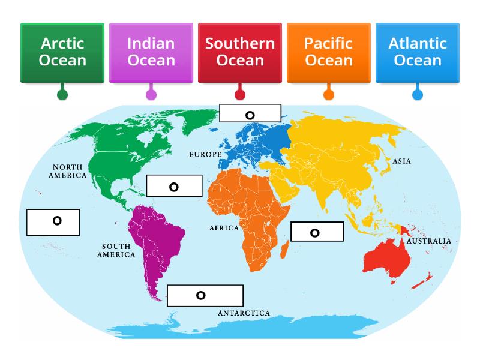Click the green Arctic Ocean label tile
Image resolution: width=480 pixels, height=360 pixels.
[x=62, y=52]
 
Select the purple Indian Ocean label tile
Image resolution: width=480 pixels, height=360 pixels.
[x=151, y=52]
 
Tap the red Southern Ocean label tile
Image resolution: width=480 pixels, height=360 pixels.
[x=240, y=52]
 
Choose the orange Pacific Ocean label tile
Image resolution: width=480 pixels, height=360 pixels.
[x=329, y=52]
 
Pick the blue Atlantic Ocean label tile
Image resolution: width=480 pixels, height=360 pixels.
[x=418, y=52]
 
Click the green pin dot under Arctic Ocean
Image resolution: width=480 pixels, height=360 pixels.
[x=62, y=94]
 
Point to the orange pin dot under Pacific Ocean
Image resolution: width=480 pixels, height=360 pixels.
[x=329, y=94]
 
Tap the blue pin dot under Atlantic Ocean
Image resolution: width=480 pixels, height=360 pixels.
[x=418, y=94]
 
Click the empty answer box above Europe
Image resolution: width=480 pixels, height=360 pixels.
[x=250, y=113]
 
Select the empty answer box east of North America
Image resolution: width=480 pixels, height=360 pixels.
[x=174, y=186]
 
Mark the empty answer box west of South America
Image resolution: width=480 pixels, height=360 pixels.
[x=53, y=221]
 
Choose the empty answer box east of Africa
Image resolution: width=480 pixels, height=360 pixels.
[x=317, y=232]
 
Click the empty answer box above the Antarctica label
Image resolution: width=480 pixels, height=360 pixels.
[x=205, y=295]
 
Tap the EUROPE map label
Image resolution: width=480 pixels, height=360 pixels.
[x=205, y=155]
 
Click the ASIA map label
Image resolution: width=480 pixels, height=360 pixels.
[x=401, y=161]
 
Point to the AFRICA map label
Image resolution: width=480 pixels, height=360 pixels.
[x=224, y=228]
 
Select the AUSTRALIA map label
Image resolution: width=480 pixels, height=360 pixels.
[x=428, y=241]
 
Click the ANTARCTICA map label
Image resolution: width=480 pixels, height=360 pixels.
[x=244, y=313]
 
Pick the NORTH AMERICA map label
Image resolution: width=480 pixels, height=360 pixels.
[x=69, y=172]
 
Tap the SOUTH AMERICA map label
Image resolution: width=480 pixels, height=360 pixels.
[x=118, y=250]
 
